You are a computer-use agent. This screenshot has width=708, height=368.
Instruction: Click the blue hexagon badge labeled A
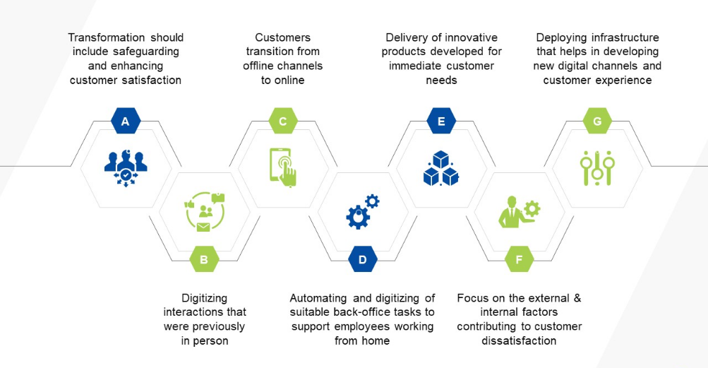pyautogui.click(x=126, y=121)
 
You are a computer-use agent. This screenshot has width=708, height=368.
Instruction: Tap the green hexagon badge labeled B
pyautogui.click(x=204, y=259)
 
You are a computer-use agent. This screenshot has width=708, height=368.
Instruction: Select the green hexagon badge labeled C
pyautogui.click(x=283, y=121)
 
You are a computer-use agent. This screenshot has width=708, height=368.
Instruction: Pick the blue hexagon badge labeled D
pyautogui.click(x=363, y=259)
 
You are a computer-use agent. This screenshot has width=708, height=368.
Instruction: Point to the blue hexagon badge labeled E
pyautogui.click(x=441, y=121)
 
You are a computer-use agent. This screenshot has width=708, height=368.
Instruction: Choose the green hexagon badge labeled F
pyautogui.click(x=520, y=259)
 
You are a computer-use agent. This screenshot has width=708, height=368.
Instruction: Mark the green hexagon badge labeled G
pyautogui.click(x=598, y=121)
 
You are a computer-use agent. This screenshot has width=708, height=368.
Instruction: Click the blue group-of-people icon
pyautogui.click(x=126, y=167)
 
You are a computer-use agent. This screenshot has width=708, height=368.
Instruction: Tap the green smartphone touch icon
pyautogui.click(x=283, y=167)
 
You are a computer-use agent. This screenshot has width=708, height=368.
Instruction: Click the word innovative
pyautogui.click(x=472, y=37)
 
